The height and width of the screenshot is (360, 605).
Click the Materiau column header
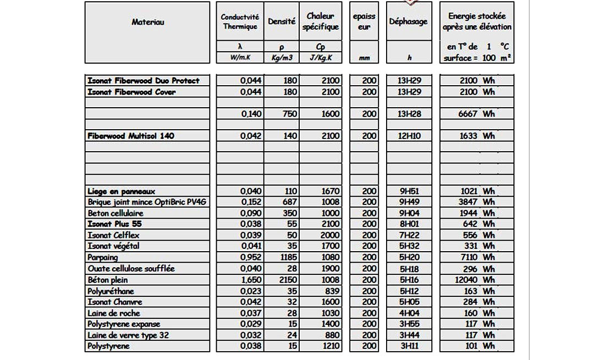(147, 22)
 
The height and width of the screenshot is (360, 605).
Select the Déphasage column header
(408, 22)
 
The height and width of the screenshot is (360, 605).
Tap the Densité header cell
(282, 22)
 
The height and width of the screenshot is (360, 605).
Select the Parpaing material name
(103, 257)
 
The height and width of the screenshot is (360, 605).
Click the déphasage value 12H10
(408, 136)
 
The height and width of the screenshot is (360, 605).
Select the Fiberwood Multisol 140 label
(131, 136)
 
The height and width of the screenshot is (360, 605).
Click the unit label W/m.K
(240, 58)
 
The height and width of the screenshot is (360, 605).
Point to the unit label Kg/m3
(282, 58)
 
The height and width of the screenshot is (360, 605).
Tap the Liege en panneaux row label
(122, 191)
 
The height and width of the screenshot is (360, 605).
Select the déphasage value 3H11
(408, 346)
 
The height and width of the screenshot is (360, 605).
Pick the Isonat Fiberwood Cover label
(131, 92)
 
